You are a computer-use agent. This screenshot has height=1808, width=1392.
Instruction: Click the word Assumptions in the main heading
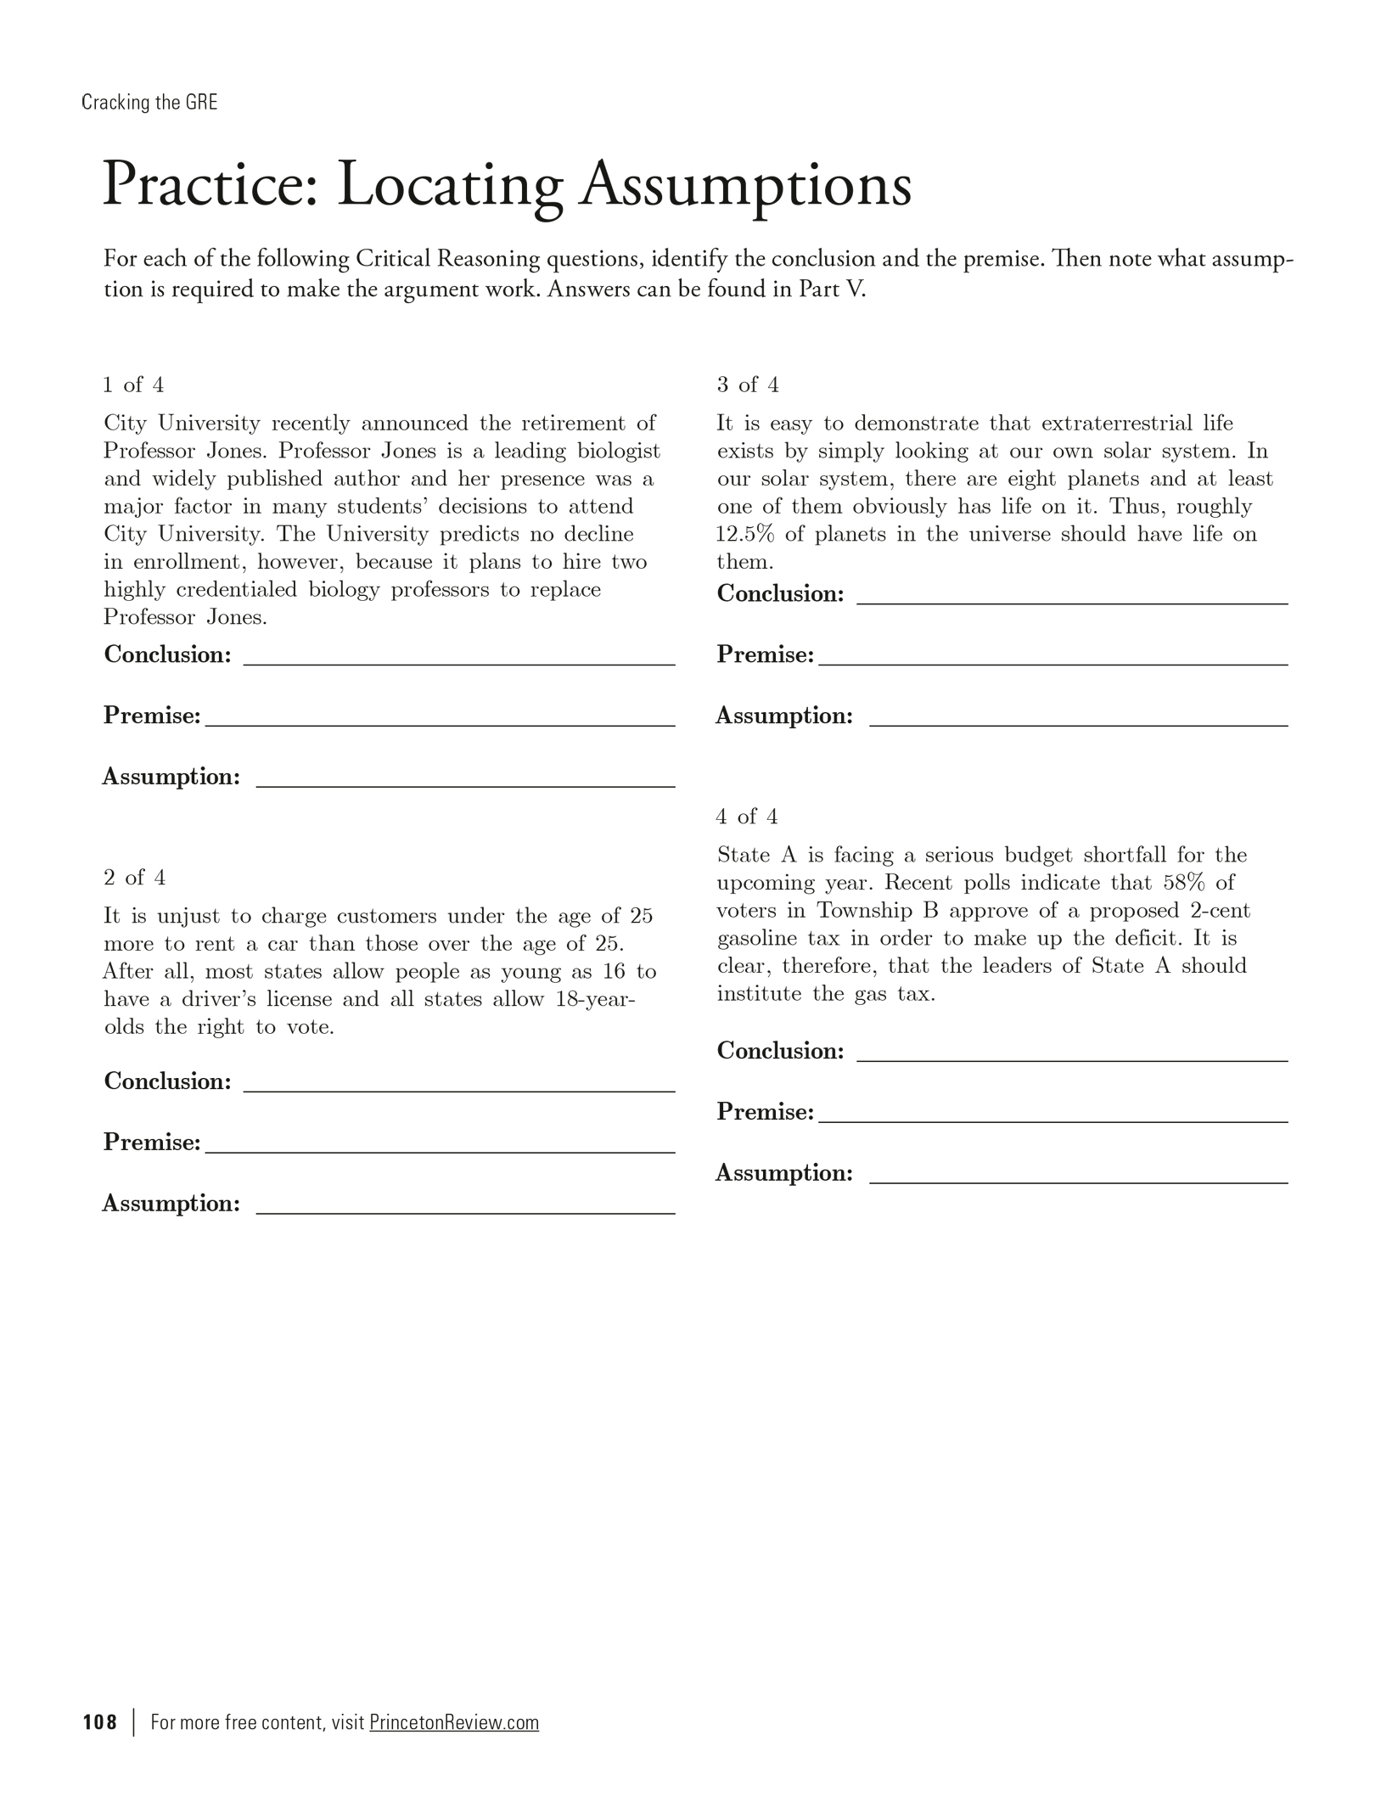point(745,185)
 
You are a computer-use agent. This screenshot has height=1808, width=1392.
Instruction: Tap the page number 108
point(100,1722)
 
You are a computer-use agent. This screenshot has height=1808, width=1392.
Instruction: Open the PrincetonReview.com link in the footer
point(454,1722)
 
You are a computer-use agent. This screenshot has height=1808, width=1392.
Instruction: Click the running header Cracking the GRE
point(149,103)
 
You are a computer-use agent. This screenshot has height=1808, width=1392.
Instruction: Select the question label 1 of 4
point(133,385)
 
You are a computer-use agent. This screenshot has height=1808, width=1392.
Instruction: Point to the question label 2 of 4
point(134,878)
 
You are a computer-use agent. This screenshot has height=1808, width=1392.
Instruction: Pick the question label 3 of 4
point(747,385)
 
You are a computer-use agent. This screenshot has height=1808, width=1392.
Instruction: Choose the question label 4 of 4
point(746,817)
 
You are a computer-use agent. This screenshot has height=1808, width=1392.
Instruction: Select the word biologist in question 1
point(619,452)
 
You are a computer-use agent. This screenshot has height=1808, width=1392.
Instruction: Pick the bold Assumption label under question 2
point(171,1204)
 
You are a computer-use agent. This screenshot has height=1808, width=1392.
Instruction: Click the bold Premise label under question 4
point(765,1112)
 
